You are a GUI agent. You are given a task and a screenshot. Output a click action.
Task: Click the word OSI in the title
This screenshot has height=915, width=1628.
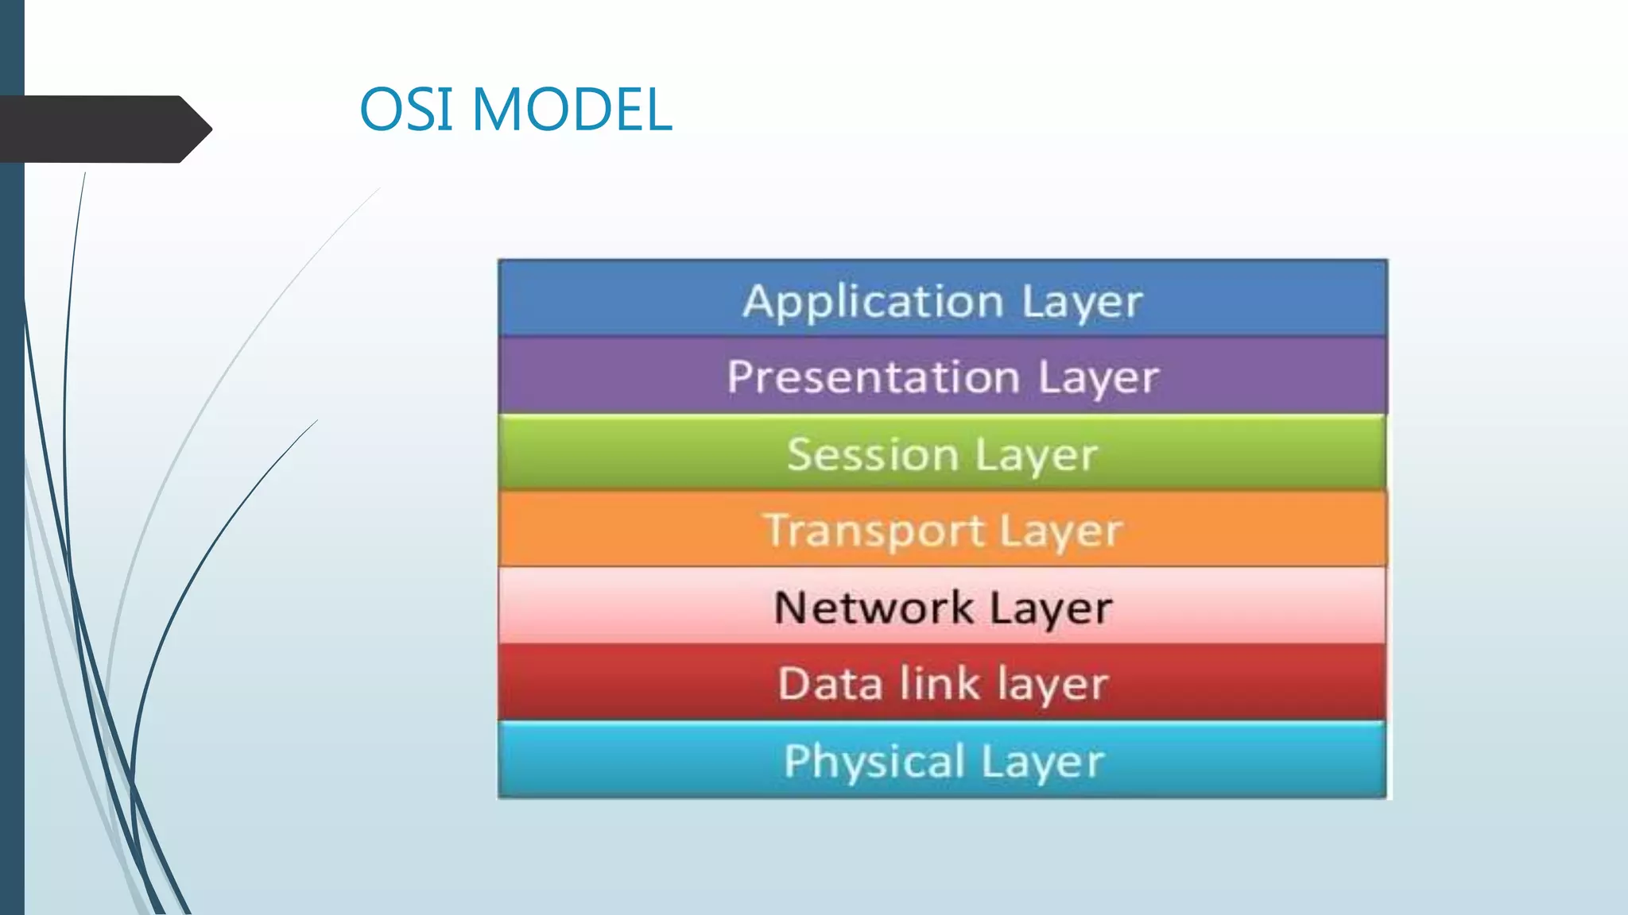tap(407, 109)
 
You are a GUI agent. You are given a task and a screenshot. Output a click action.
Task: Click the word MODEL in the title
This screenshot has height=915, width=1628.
tap(572, 109)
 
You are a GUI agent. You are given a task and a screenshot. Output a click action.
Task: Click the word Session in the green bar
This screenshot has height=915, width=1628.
tap(872, 454)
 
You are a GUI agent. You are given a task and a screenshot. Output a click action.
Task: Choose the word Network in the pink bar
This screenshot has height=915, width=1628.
tap(873, 608)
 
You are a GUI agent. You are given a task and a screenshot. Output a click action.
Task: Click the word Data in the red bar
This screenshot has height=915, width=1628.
tap(829, 684)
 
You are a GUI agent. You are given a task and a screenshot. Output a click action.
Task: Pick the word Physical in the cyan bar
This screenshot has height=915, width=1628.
tap(874, 761)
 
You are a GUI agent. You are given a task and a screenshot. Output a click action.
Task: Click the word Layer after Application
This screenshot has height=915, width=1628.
tap(1081, 303)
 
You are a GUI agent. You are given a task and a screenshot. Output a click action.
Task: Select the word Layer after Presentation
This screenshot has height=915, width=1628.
tap(1099, 378)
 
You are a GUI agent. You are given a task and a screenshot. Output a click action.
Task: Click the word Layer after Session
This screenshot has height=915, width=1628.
tap(1036, 456)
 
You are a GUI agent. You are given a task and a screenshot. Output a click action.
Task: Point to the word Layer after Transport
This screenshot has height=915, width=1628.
tap(1060, 531)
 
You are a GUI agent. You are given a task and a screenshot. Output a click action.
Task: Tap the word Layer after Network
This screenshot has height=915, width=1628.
tap(1050, 609)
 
